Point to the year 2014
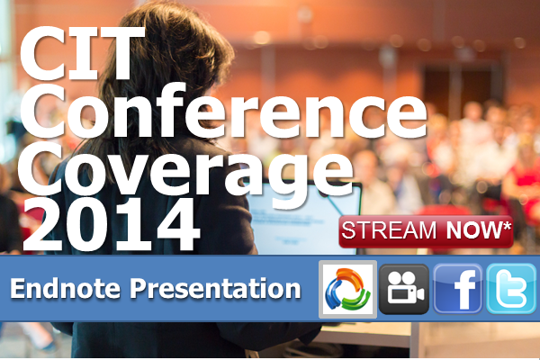111,225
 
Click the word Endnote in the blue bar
65,288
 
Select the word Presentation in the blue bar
215,289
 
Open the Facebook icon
458,289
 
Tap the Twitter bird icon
512,289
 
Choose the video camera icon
404,289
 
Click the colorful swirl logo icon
347,289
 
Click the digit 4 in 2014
176,225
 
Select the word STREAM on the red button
389,230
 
